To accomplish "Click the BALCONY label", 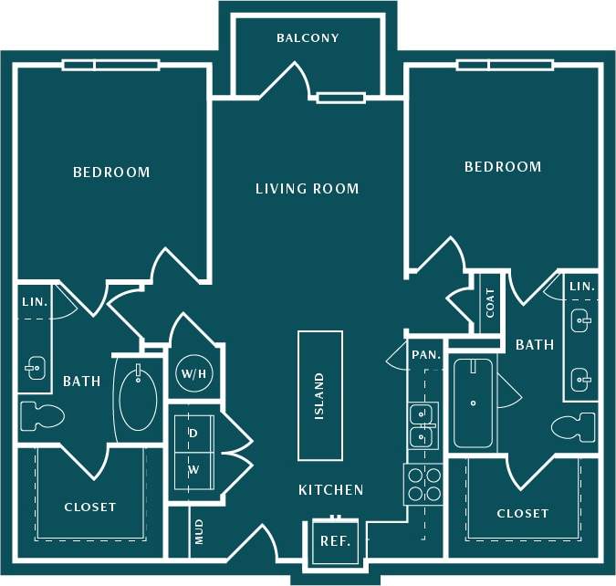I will [x=308, y=38].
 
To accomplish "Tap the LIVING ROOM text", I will [x=307, y=189].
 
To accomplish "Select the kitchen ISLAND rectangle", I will [x=320, y=395].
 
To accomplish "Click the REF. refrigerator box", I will [x=334, y=541].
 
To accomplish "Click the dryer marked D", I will [x=193, y=433].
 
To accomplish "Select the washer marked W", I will [x=193, y=470].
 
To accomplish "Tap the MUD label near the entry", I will [x=199, y=531].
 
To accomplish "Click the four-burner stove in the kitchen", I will [x=422, y=484].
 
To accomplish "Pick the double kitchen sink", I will [x=422, y=424].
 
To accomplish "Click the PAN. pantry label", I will [x=426, y=354].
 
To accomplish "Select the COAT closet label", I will [x=490, y=303].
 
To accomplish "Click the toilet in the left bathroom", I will [x=41, y=416].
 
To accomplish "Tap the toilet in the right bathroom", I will [x=574, y=425].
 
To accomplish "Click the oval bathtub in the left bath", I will [x=137, y=399].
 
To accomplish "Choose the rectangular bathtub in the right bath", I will [x=473, y=403].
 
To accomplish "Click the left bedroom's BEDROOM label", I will [x=111, y=172].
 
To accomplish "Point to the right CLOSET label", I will [x=523, y=514].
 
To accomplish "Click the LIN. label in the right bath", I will [x=581, y=287].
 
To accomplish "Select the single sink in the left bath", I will [x=34, y=370].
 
